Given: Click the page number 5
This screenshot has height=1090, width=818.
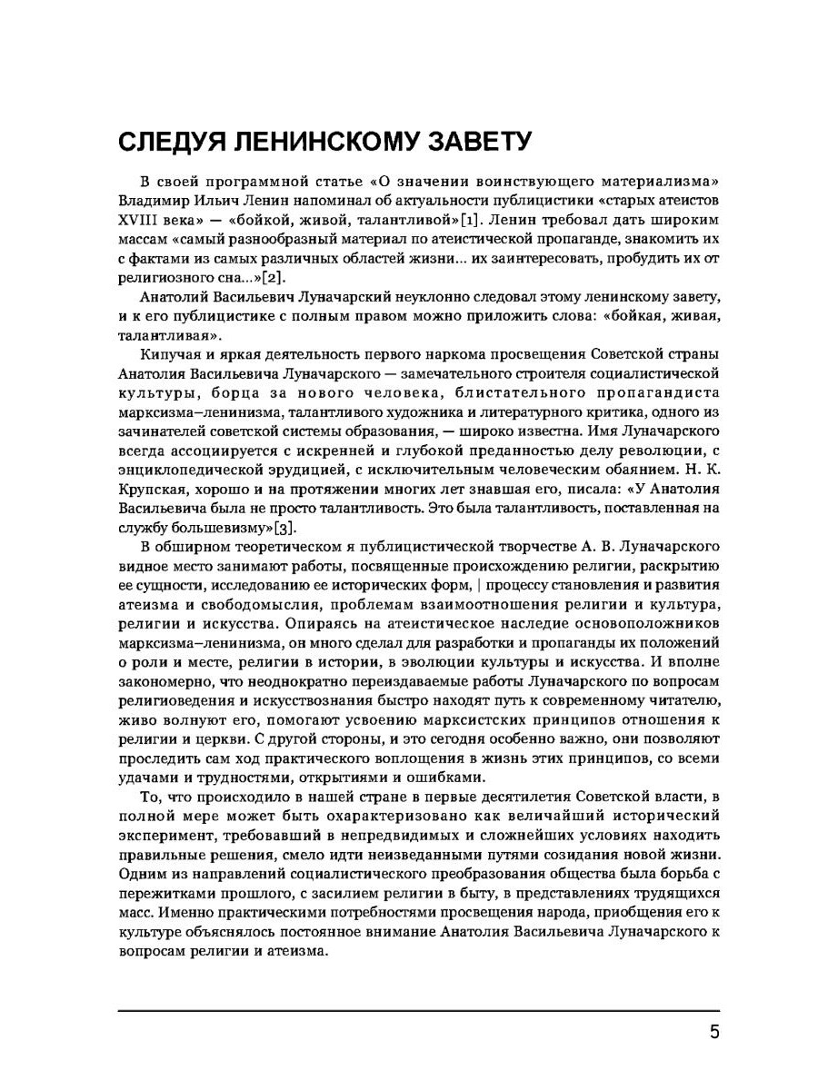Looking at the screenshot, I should coord(713,1034).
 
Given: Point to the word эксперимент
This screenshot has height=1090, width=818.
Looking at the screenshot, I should coord(164,835).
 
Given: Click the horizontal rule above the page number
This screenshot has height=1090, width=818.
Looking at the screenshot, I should coord(418,1010).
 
